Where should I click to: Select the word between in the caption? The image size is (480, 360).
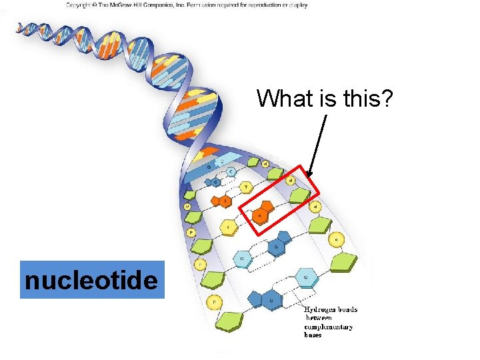point(319,318)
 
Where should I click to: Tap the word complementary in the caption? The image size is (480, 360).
point(329,327)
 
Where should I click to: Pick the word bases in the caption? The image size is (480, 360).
point(313,335)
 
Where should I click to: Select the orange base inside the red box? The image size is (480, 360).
point(261,213)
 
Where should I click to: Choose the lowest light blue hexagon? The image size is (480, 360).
point(306,277)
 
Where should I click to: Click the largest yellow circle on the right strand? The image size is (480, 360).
point(338,239)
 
